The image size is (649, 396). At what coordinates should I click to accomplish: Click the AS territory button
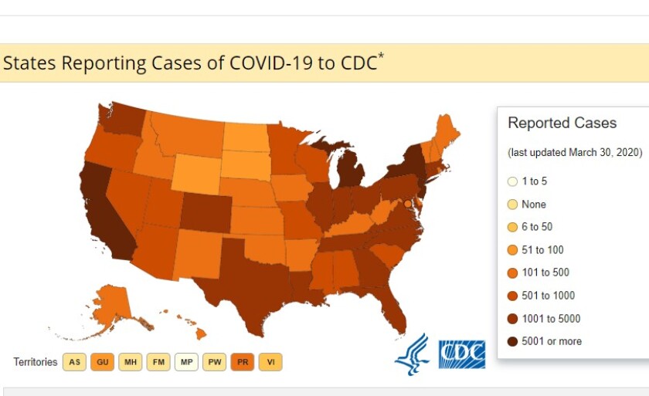tap(74, 362)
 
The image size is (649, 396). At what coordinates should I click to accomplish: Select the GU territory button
tap(102, 362)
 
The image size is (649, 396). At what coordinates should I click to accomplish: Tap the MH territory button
tap(130, 362)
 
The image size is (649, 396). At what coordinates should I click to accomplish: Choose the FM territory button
tap(158, 362)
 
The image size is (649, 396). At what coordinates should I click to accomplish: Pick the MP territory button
tap(185, 362)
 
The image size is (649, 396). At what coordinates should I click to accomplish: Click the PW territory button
tap(214, 362)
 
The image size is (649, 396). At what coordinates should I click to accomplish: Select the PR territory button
tap(242, 362)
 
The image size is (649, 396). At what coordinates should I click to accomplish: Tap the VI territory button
tap(270, 362)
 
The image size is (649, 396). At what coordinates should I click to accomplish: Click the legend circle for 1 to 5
tap(512, 181)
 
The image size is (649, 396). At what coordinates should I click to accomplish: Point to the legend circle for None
tap(512, 205)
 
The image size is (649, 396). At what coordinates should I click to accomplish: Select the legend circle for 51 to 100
tap(512, 250)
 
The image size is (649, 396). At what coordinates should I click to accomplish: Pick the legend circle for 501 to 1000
tap(512, 296)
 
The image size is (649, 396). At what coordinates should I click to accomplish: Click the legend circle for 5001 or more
tap(512, 341)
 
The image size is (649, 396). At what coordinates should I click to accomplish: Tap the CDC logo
tap(461, 354)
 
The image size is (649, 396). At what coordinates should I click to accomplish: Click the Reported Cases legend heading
tap(562, 124)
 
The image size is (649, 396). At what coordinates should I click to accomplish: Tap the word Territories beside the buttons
tap(36, 362)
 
